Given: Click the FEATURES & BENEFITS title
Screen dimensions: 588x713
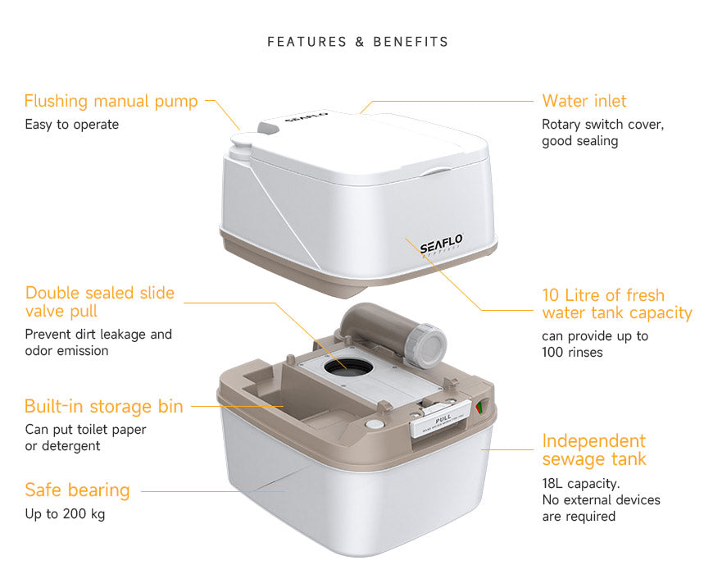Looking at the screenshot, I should [x=357, y=42].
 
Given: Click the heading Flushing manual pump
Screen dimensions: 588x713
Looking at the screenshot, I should [x=111, y=101].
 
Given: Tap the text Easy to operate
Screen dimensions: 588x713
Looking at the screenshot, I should [x=71, y=125].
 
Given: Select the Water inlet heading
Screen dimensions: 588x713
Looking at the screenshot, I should [x=584, y=101].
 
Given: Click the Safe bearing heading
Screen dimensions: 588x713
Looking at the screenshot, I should [x=77, y=490].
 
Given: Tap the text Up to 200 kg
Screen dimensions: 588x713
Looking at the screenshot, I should [x=65, y=514].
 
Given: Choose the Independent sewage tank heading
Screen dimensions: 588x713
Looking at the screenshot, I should [x=593, y=449].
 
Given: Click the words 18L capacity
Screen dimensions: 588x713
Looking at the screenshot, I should [x=581, y=483].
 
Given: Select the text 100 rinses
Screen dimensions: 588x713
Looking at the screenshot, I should [x=572, y=352].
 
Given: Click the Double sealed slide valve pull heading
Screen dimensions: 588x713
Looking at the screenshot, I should [x=99, y=302].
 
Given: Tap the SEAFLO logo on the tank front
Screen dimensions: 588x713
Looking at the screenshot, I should [x=441, y=244].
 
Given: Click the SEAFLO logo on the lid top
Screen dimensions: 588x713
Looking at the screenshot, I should [x=307, y=118].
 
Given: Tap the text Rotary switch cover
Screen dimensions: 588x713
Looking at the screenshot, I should [x=602, y=125].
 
